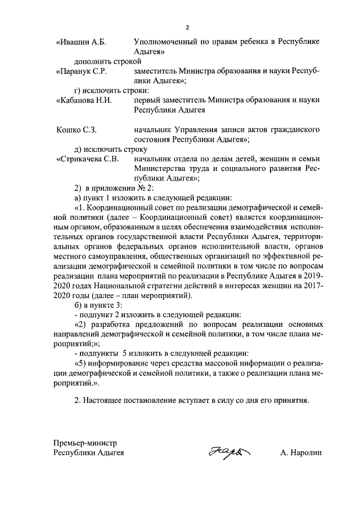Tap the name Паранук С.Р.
pyautogui.click(x=83, y=71)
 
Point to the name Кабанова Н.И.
pyautogui.click(x=85, y=101)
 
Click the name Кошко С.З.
pyautogui.click(x=77, y=130)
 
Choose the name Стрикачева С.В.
pyautogui.click(x=88, y=159)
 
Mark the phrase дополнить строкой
pyautogui.click(x=106, y=61)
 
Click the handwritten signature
pyautogui.click(x=227, y=452)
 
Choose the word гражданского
pyautogui.click(x=294, y=130)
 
